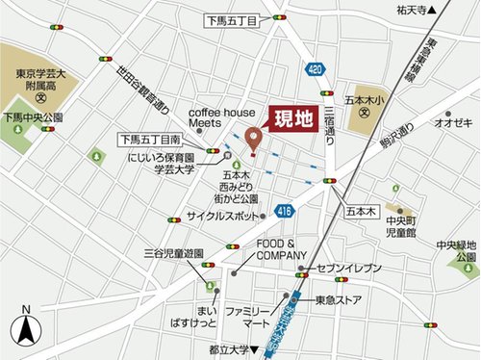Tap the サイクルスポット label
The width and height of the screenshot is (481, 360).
223,216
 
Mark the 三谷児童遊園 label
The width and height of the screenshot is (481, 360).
173,252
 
